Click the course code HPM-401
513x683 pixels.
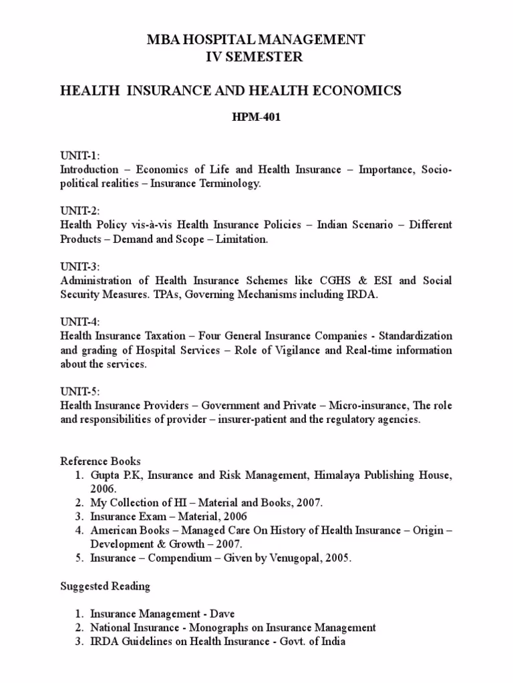(x=256, y=115)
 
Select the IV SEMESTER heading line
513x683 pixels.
(x=256, y=57)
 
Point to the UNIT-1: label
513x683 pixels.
(x=80, y=155)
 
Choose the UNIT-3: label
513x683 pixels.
(x=81, y=266)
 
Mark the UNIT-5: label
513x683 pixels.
(x=81, y=391)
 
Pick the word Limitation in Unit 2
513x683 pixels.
(x=238, y=239)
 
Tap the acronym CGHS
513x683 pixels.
(x=323, y=281)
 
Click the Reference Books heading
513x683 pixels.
(x=100, y=461)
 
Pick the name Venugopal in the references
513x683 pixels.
(x=294, y=558)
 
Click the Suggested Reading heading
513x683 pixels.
(x=105, y=586)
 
